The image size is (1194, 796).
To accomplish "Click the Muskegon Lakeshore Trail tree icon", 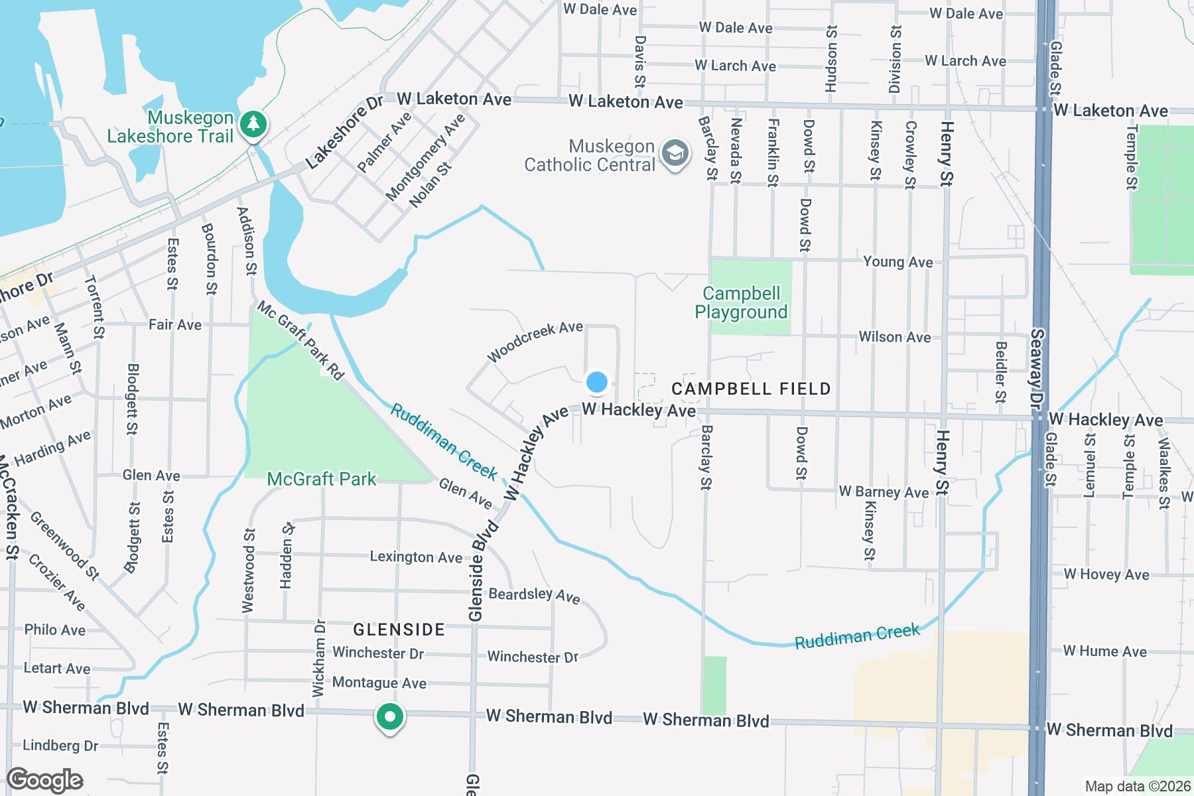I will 253,123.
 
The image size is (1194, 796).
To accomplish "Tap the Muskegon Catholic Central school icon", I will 675,153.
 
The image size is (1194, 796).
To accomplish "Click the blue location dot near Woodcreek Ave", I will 597,382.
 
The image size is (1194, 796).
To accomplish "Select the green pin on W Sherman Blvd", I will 390,717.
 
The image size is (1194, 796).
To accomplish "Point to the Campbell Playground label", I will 741,302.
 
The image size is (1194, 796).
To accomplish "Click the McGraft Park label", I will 322,479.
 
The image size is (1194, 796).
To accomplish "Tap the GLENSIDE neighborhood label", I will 399,630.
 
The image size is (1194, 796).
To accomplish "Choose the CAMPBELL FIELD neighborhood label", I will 751,389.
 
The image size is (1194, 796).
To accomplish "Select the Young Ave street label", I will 897,262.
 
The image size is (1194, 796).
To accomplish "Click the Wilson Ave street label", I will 894,337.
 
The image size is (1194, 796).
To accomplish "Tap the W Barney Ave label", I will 884,492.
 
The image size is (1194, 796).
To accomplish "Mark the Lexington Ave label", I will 416,557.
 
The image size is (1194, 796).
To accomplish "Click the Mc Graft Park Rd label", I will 301,341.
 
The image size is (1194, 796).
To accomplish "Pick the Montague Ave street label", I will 379,683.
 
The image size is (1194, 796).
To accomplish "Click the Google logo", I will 44,780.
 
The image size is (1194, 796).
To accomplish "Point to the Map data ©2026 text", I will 1138,787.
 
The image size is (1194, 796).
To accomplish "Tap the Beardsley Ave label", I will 534,595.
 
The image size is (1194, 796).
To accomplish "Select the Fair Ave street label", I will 175,324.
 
